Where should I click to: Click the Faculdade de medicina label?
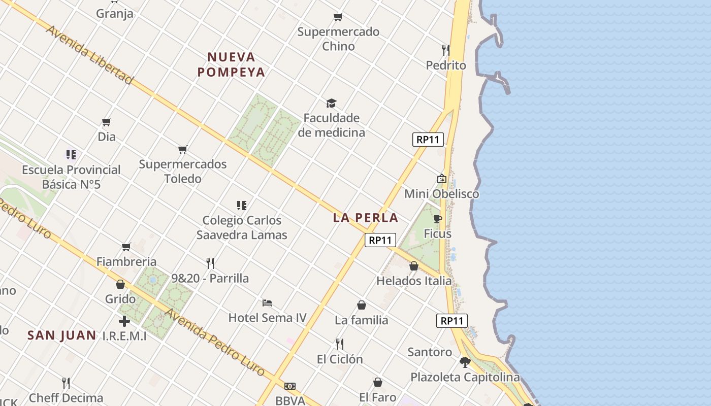click(x=332, y=125)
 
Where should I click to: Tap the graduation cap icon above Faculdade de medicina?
click(x=332, y=104)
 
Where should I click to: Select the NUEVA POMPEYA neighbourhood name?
click(x=231, y=64)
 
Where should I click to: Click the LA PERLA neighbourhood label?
click(x=366, y=218)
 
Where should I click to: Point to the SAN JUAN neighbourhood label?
click(x=61, y=335)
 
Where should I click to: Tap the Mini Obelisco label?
click(x=441, y=193)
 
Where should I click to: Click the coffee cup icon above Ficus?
click(x=438, y=219)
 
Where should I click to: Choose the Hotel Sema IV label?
click(x=268, y=318)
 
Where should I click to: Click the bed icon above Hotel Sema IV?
click(x=267, y=303)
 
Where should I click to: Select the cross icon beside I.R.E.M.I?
click(x=124, y=321)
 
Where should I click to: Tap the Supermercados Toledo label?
click(x=183, y=172)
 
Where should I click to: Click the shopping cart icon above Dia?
click(x=107, y=122)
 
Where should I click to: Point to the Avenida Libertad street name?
click(x=89, y=54)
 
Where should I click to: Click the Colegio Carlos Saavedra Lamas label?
click(x=242, y=227)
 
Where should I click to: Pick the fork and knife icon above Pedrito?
click(x=445, y=50)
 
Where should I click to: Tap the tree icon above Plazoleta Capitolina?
click(x=465, y=362)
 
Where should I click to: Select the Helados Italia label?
click(x=414, y=281)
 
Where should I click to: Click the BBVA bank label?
click(x=290, y=400)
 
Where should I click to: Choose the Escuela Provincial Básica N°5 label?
click(x=71, y=177)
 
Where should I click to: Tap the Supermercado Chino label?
click(x=338, y=39)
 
